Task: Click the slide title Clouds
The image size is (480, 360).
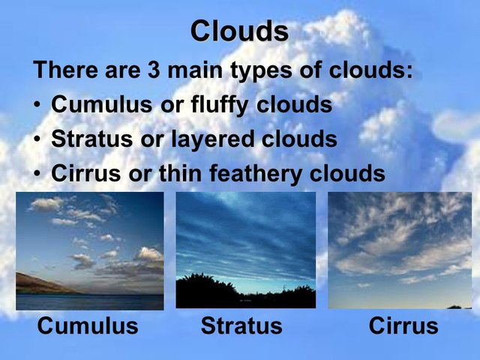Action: click(239, 31)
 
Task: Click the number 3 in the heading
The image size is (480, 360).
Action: click(154, 70)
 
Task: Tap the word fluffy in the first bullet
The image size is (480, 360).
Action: click(219, 105)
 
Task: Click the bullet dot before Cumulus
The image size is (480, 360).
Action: click(37, 105)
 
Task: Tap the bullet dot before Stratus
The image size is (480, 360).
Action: click(37, 139)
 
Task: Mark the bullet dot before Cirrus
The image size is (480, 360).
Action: click(37, 174)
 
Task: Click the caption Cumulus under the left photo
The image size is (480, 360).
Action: click(88, 325)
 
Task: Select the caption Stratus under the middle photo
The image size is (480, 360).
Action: click(241, 325)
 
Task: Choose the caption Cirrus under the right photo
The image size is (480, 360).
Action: click(403, 325)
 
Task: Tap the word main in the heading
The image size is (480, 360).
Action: click(195, 70)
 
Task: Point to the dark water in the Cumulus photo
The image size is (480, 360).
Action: click(90, 302)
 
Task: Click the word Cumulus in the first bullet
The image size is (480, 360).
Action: click(102, 104)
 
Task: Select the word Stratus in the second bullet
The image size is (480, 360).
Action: click(91, 139)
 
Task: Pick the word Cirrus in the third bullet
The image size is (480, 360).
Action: click(85, 173)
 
